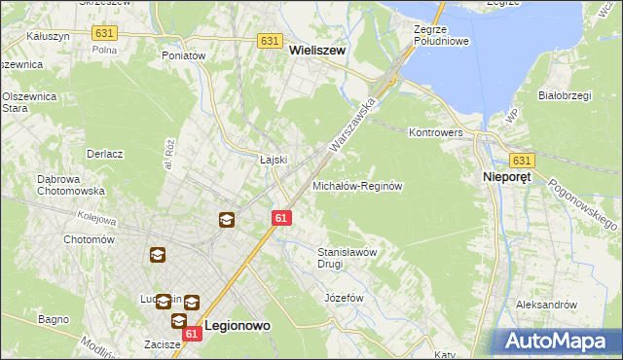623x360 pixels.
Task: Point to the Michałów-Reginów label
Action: point(357,185)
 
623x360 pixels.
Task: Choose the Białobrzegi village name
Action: point(566,95)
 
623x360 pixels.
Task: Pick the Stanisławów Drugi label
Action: point(348,257)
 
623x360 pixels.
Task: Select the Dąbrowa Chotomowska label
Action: point(43,186)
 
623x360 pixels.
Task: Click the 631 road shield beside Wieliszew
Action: point(271,41)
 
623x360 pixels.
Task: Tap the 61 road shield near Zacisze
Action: point(192,334)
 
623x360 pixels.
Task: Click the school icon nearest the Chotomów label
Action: point(157,255)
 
